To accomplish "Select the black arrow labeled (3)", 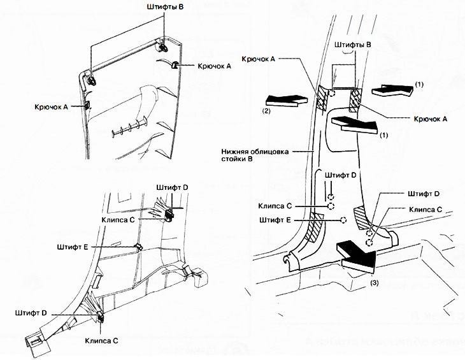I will tap(359, 253).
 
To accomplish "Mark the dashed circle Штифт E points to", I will tap(343, 220).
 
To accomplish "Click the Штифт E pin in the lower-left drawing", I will tap(138, 247).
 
